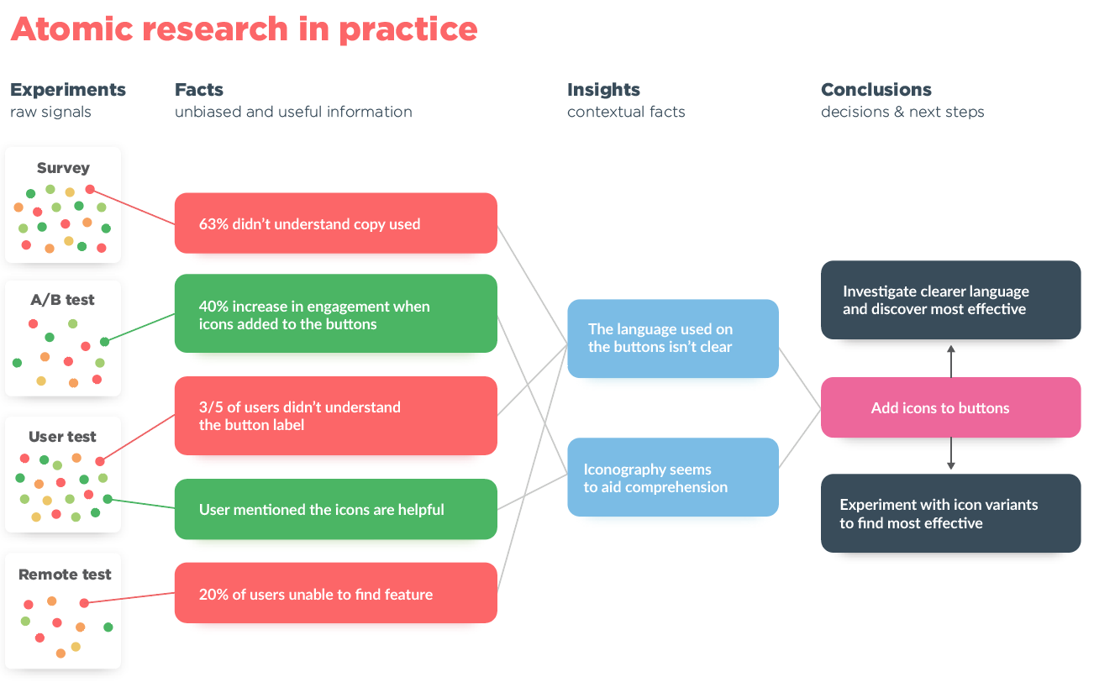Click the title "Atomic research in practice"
[244, 29]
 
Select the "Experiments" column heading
[67, 90]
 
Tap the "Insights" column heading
[603, 90]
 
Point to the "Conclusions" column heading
[876, 90]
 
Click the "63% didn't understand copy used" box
[335, 223]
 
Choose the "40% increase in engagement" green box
[335, 314]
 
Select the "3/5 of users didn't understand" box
[335, 416]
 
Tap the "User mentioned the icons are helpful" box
[335, 509]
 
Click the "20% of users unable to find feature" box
[335, 593]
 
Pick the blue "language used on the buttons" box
[672, 339]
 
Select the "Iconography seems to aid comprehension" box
[672, 477]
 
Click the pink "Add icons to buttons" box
[950, 408]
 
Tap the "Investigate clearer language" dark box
[950, 300]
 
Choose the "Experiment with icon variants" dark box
[950, 513]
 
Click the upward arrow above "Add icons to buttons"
[950, 359]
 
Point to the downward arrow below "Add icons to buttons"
[950, 454]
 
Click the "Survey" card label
[63, 168]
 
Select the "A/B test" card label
[63, 300]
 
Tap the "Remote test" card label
[65, 575]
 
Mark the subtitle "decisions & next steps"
[902, 112]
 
